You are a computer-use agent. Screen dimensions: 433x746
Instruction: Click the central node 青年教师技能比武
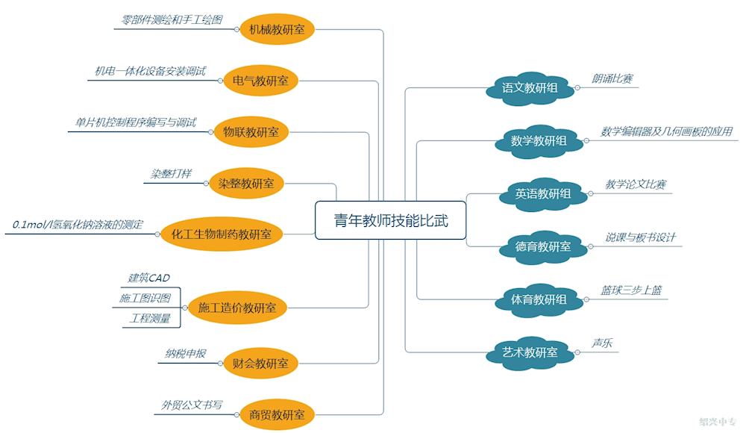[x=391, y=220]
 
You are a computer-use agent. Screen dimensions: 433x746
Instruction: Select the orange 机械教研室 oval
[x=277, y=30]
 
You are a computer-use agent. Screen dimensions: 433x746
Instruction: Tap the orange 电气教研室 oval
[x=260, y=81]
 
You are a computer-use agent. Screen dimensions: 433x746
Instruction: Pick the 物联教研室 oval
[x=251, y=132]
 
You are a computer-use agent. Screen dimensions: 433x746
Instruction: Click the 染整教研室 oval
[x=246, y=183]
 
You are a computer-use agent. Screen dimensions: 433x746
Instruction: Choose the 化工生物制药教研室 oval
[x=222, y=234]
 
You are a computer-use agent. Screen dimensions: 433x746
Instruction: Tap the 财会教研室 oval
[x=260, y=364]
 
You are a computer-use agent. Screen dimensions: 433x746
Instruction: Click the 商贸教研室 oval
[x=277, y=414]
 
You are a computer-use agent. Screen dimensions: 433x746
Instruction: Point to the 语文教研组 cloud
[x=530, y=88]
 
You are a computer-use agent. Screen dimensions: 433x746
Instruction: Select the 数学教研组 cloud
[x=539, y=140]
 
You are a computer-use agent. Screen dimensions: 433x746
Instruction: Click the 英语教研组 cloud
[x=542, y=194]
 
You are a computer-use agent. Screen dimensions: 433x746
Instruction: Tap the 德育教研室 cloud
[x=542, y=246]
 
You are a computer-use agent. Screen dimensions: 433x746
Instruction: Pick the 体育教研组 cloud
[x=539, y=299]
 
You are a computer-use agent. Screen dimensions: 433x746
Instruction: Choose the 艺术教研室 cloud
[x=530, y=352]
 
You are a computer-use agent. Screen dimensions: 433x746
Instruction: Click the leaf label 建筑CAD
[x=148, y=278]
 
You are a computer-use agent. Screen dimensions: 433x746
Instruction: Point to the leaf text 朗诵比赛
[x=612, y=78]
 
